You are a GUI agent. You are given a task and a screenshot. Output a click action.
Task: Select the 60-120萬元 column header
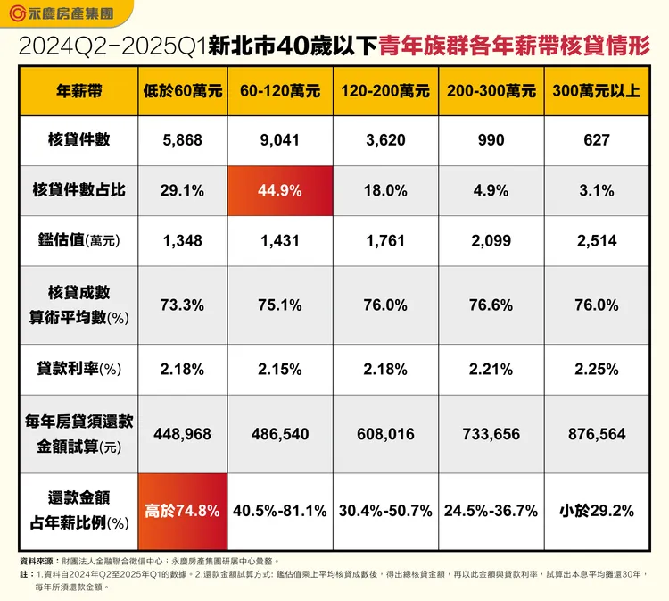[x=280, y=91]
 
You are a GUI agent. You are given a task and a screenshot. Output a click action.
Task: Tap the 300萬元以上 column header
[x=597, y=91]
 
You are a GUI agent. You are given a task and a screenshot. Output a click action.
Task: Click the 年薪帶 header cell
[x=78, y=91]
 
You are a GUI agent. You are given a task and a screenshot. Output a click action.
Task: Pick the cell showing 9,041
[x=280, y=140]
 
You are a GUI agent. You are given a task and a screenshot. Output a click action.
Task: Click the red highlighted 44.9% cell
[x=280, y=189]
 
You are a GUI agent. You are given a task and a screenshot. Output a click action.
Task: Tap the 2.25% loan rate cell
[x=597, y=369]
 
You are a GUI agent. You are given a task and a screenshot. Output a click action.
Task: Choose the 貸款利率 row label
[x=78, y=369]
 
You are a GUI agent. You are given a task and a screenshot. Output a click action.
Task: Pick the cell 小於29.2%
[x=597, y=511]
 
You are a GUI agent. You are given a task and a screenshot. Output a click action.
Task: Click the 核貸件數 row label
[x=78, y=140]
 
